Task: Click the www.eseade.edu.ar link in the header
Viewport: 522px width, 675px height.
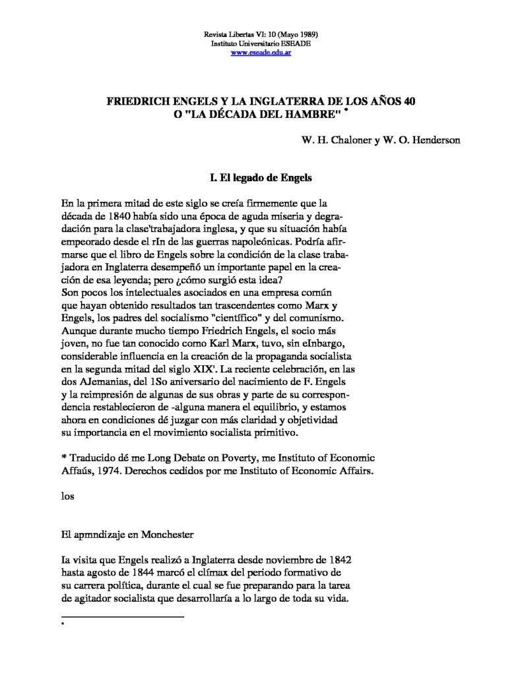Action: point(261,53)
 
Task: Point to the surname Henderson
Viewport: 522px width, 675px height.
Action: point(434,140)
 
